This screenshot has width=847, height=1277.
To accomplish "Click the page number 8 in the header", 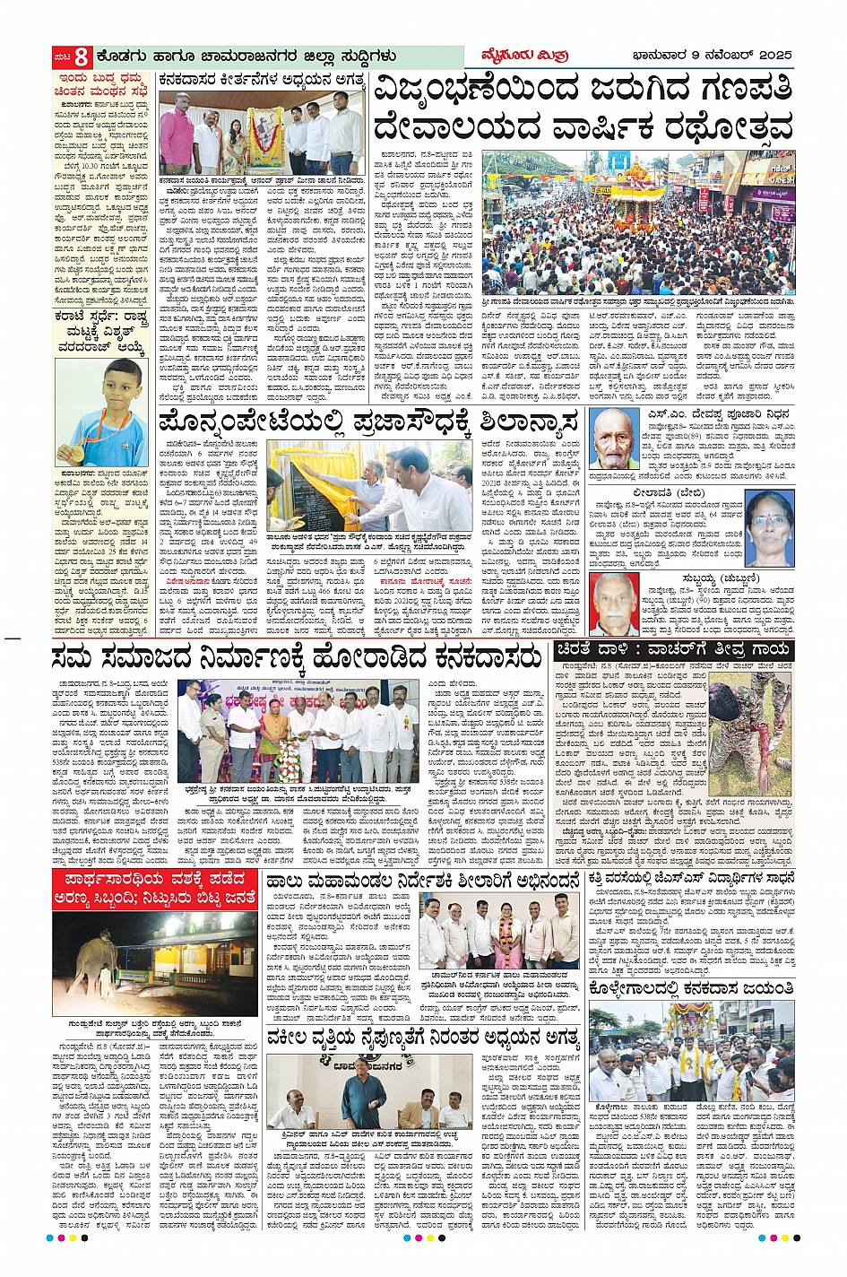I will (x=80, y=56).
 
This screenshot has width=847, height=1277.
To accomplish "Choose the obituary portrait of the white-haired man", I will (x=615, y=603).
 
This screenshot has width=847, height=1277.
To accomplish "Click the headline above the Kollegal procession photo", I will (x=691, y=988).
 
